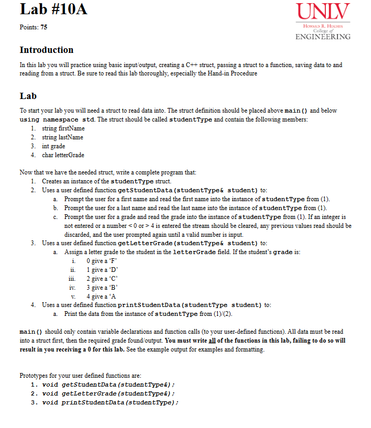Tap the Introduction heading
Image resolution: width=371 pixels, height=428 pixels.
[46, 50]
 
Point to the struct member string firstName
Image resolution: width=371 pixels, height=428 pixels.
[63, 128]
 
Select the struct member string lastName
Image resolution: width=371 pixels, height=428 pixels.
[62, 137]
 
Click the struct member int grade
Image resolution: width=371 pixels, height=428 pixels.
[54, 146]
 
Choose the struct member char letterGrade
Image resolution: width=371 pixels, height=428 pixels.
[63, 155]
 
